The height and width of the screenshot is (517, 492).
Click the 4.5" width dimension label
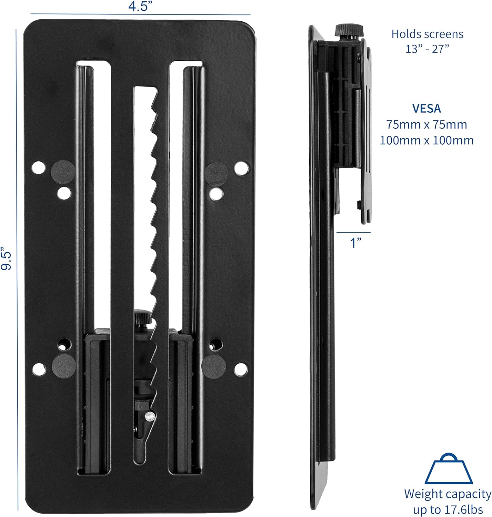click(140, 6)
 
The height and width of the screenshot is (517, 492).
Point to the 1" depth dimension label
click(355, 242)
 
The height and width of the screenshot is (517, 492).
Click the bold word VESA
click(426, 109)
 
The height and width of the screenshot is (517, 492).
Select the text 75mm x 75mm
click(426, 125)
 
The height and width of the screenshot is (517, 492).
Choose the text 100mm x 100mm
click(426, 140)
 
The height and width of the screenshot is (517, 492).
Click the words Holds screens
click(427, 34)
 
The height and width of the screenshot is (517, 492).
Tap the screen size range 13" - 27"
click(427, 49)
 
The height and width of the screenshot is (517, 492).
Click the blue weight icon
click(449, 468)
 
